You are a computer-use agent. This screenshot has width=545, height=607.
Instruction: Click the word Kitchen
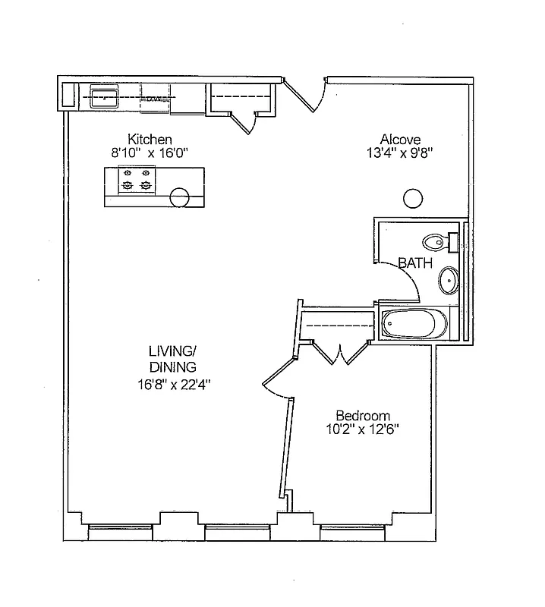(150, 140)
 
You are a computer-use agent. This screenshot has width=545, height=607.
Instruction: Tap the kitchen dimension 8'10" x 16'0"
(150, 153)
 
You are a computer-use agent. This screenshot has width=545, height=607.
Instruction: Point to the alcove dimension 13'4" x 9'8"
(400, 152)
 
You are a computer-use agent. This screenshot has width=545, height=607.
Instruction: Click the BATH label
(415, 264)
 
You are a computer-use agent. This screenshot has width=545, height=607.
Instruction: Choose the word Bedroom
(363, 416)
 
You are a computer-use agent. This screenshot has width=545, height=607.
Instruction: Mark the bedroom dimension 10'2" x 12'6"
(363, 429)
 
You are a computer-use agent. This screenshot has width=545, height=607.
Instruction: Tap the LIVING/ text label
(172, 351)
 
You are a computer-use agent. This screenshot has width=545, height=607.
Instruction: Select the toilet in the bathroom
(438, 242)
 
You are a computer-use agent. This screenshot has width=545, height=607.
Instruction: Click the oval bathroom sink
(449, 280)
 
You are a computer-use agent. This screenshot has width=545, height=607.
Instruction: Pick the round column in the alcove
(412, 199)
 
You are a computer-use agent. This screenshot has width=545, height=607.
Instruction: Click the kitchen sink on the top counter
(102, 96)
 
